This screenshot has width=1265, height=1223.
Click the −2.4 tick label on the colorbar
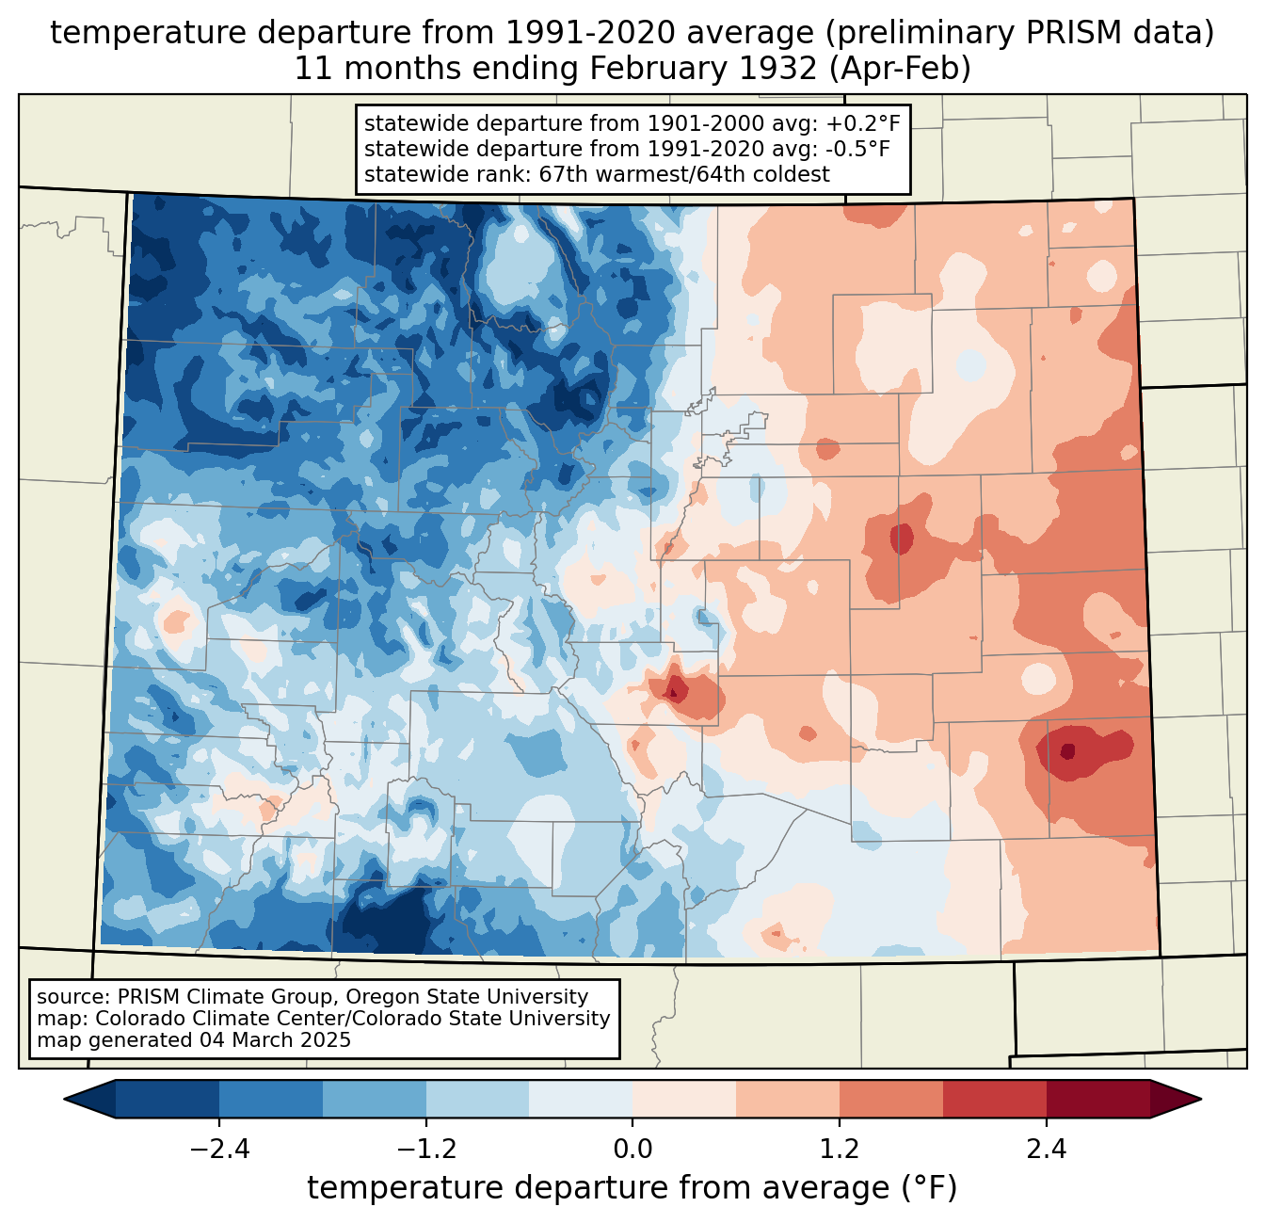point(219,1150)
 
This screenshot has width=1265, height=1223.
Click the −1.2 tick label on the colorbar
point(426,1150)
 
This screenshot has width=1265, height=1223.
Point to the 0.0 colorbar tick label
point(632,1150)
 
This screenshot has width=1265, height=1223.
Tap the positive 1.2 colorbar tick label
point(840,1150)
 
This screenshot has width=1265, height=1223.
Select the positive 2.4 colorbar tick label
point(1046,1150)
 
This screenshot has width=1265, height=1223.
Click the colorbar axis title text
point(632,1188)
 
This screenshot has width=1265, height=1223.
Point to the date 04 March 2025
point(275,1040)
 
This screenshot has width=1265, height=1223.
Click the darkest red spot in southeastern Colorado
point(1067,751)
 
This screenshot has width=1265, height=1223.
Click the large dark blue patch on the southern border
point(386,923)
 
